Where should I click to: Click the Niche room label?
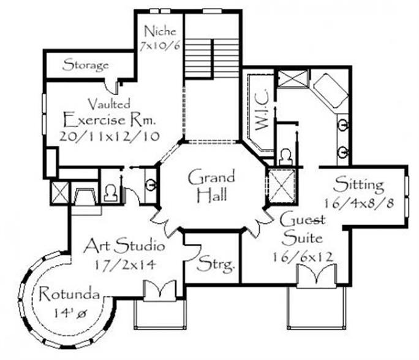point(160,31)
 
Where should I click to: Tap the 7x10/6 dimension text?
point(160,46)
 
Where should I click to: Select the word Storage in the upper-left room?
point(86,65)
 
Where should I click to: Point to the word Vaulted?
point(109,104)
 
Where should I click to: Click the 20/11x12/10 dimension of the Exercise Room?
point(109,136)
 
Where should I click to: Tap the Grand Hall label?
point(211,185)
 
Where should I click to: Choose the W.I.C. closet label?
point(262,110)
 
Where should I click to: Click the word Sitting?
point(359,185)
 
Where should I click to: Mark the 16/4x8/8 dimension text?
point(359,204)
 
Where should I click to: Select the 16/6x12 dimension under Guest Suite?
point(303,257)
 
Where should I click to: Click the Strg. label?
point(216,264)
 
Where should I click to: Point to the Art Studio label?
point(124,245)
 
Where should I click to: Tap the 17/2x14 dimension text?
point(125,265)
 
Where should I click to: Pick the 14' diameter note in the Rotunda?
point(70,313)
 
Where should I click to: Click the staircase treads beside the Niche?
point(212,58)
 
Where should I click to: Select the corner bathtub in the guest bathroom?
point(331,91)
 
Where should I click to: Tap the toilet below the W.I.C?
point(286,157)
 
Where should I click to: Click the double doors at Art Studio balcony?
point(160,291)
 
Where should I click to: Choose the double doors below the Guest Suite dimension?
point(316,276)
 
